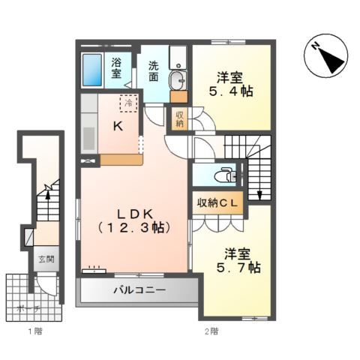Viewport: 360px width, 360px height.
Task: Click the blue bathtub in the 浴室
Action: tap(92, 70)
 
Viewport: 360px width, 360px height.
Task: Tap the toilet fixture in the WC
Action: tap(225, 175)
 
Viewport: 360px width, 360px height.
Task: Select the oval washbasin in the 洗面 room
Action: tap(178, 80)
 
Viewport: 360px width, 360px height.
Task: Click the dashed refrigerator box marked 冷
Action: tap(129, 103)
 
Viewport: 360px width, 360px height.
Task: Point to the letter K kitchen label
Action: tap(118, 127)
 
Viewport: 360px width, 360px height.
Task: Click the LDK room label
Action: tap(135, 214)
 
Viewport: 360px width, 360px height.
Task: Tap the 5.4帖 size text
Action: tap(231, 91)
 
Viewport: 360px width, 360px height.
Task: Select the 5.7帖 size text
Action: tap(238, 268)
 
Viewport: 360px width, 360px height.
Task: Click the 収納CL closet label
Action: tap(217, 203)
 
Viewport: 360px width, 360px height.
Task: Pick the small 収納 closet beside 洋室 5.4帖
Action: tap(179, 119)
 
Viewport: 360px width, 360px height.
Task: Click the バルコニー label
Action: tap(139, 290)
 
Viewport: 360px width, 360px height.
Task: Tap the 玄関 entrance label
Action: tap(46, 259)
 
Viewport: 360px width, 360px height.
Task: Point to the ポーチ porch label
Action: tap(28, 309)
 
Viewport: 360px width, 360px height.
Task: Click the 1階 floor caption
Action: tap(35, 331)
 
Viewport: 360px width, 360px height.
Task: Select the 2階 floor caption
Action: tap(211, 331)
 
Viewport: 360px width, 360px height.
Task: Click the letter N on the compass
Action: tap(316, 46)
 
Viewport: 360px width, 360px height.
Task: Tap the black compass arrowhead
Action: tap(332, 60)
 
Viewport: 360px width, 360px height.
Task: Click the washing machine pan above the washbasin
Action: tap(178, 57)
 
